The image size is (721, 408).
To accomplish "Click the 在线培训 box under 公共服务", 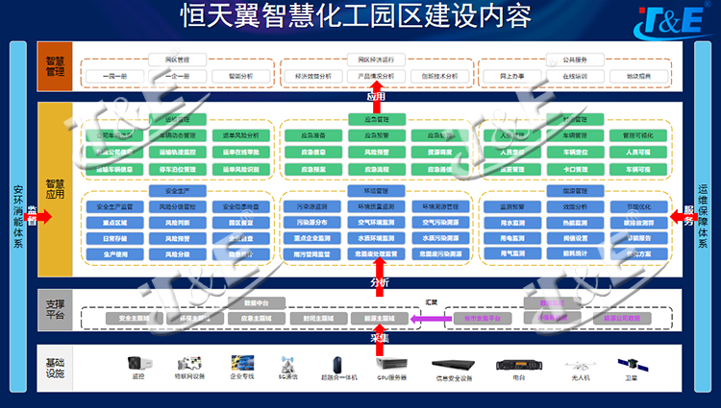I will [575, 76].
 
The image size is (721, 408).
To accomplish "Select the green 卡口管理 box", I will [575, 168].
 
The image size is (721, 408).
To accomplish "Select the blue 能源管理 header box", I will [575, 191].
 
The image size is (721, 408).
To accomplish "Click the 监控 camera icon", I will [137, 365].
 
